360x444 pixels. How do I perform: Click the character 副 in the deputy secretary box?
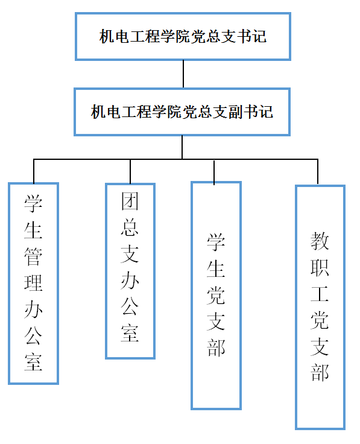[x=236, y=112]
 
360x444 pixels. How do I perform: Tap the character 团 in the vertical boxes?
[x=130, y=201]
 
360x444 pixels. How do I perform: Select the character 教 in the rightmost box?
[x=320, y=241]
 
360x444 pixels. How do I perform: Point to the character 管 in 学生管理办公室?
[x=33, y=256]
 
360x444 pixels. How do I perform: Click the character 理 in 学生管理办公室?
[x=33, y=283]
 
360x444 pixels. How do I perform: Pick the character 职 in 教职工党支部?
[x=320, y=268]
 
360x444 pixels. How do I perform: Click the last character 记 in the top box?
[x=259, y=37]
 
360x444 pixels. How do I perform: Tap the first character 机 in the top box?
[x=107, y=37]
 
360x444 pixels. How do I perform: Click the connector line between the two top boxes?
[x=183, y=74]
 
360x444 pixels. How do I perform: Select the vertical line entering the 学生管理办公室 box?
[x=34, y=171]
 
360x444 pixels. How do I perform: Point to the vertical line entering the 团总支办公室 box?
[x=130, y=171]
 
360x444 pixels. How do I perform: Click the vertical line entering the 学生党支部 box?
[x=214, y=173]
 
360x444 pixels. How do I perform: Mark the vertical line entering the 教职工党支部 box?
[x=318, y=171]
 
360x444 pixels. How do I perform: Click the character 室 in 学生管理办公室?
[x=33, y=362]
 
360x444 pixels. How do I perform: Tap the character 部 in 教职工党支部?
[x=320, y=372]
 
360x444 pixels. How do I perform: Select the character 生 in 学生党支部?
[x=216, y=268]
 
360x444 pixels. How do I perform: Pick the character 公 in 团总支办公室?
[x=130, y=306]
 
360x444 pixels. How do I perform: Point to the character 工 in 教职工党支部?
[x=320, y=294]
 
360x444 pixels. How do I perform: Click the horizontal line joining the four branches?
[x=175, y=159]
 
